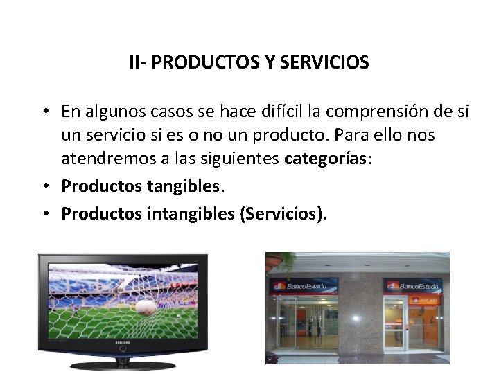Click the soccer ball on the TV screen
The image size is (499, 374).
[x=146, y=307]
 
